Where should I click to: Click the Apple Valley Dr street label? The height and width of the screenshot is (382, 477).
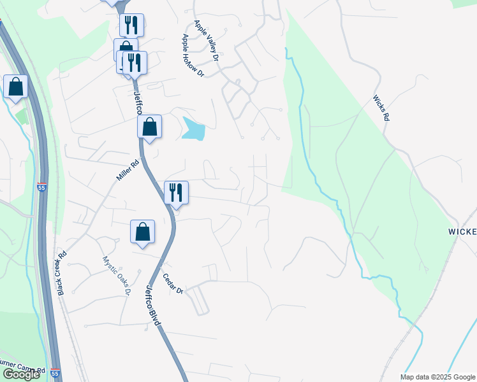point(207,40)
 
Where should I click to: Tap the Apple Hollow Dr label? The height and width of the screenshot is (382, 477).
point(192,55)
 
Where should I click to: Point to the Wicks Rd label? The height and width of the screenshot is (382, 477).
point(381,109)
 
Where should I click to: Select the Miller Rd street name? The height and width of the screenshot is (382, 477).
point(128,171)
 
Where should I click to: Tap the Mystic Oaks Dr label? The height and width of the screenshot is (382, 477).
point(116,276)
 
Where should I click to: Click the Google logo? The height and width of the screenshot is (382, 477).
point(21,374)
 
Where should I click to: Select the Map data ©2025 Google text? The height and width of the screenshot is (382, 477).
point(437,377)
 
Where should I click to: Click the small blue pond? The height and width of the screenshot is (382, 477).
point(193,129)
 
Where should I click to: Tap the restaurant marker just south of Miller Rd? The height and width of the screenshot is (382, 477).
point(176,192)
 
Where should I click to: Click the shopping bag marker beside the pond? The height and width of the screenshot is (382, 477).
point(149,126)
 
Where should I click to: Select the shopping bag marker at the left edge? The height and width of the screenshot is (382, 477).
point(15,87)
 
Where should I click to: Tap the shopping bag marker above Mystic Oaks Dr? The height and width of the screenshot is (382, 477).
point(143,232)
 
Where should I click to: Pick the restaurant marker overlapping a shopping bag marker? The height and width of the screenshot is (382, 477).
point(135,62)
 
